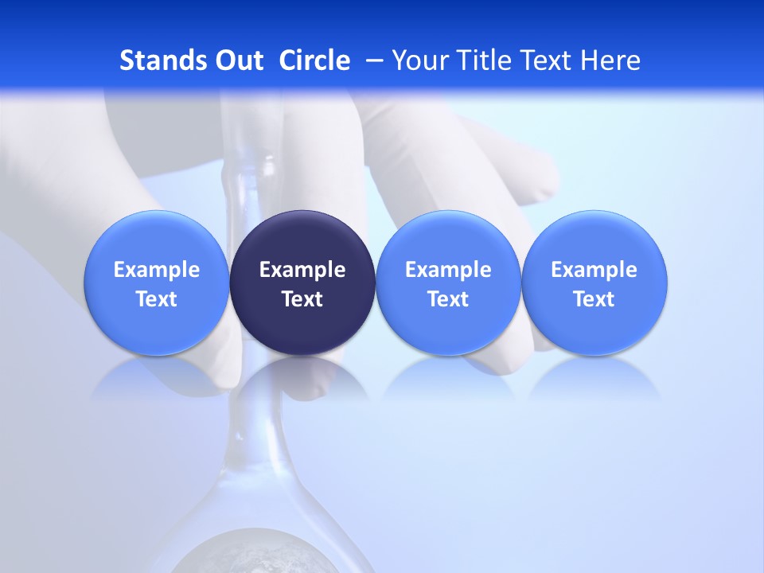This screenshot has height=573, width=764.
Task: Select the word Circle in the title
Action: point(314,60)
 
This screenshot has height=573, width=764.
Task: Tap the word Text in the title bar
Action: point(545,60)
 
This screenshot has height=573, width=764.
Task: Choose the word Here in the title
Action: point(610,60)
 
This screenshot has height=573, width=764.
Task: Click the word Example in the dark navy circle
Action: point(302,270)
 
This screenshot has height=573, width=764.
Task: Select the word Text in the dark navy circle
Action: point(302,299)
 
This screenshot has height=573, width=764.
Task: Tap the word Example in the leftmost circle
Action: point(157,270)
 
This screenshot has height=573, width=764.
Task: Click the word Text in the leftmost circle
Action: point(157,299)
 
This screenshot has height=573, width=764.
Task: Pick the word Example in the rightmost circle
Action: point(594,270)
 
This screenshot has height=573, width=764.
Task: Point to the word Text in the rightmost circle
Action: point(594,299)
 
